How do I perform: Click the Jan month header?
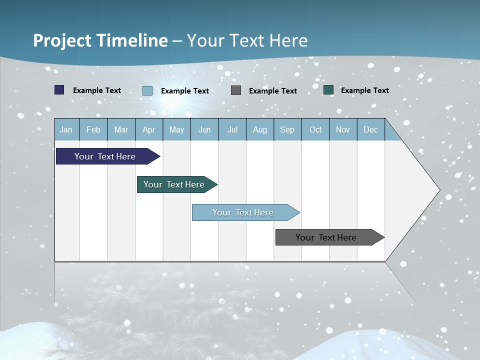coord(66,129)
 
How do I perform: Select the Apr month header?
coord(148,129)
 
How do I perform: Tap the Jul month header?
coord(232,129)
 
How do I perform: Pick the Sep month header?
coord(287,129)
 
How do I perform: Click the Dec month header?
coord(370,129)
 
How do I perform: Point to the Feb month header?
coord(93,129)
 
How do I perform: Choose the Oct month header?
coord(315,129)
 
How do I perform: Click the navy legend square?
coord(59,90)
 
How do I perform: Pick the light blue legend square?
coord(147,90)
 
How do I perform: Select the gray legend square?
coord(236,90)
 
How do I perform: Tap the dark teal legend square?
coord(328,90)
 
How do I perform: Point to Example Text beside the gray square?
coord(272,90)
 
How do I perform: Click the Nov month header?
coord(343,129)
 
